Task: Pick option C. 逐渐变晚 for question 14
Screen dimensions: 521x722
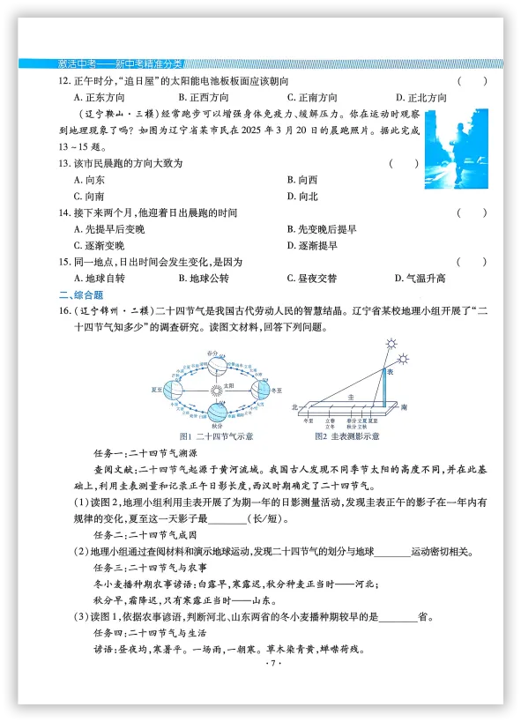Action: point(99,246)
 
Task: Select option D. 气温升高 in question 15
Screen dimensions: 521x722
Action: point(420,279)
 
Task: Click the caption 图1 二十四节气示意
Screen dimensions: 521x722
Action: point(216,436)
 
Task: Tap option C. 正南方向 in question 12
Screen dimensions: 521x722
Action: point(312,98)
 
